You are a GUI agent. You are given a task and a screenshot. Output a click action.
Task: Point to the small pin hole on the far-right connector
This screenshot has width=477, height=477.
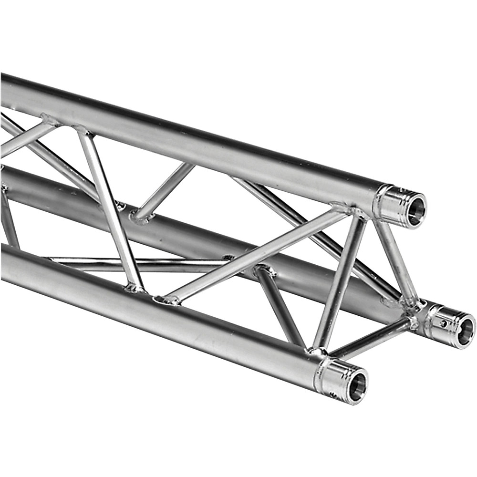(443, 323)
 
